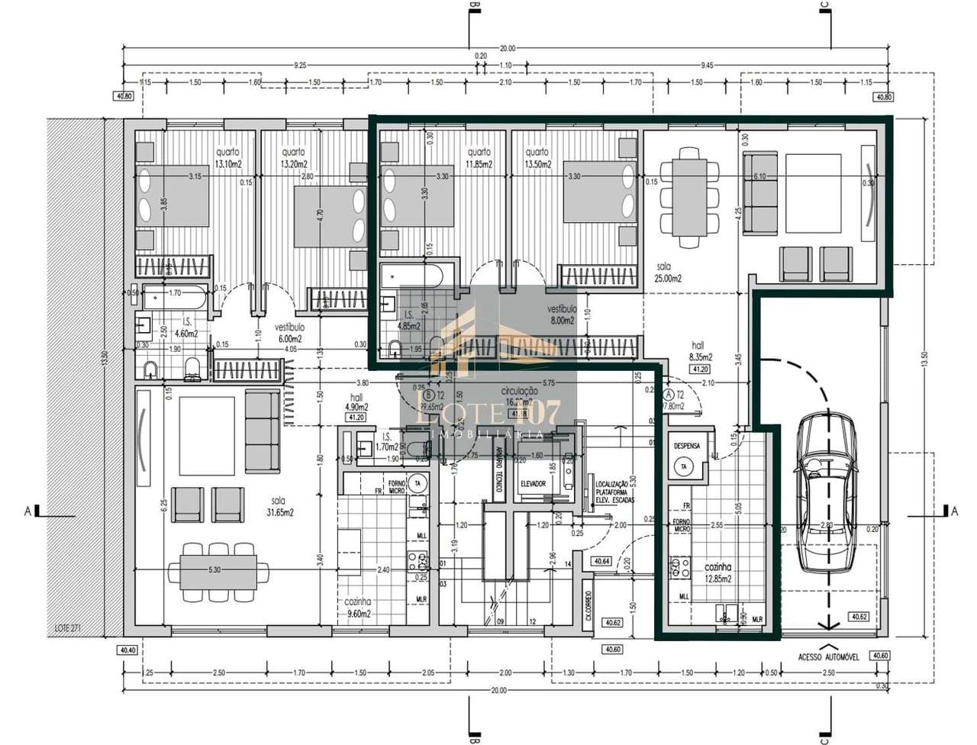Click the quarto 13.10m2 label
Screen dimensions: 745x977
tap(227, 158)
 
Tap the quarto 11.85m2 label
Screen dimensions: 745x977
tap(479, 158)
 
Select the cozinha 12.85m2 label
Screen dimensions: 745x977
tap(720, 572)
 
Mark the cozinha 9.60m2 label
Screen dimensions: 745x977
tap(358, 608)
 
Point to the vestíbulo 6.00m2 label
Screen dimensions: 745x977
tap(289, 334)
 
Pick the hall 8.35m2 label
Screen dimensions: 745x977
tap(701, 351)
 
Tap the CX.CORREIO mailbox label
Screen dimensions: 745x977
tap(588, 606)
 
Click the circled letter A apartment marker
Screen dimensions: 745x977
tap(670, 395)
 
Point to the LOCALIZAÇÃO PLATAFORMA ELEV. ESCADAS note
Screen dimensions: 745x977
tap(611, 493)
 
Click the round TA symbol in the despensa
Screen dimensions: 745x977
tap(684, 466)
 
